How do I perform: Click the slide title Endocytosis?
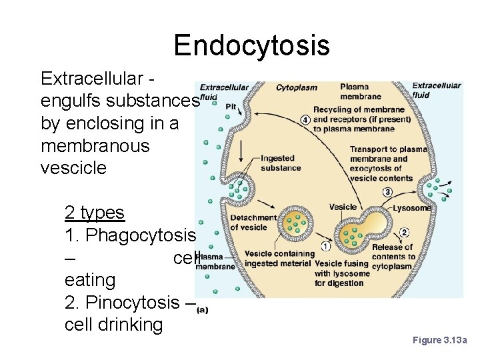pyautogui.click(x=251, y=45)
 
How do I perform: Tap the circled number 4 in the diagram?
pyautogui.click(x=305, y=119)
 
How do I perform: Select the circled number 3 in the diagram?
pyautogui.click(x=387, y=192)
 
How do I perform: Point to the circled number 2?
pyautogui.click(x=404, y=233)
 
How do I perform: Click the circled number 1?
pyautogui.click(x=326, y=245)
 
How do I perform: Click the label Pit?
pyautogui.click(x=231, y=106)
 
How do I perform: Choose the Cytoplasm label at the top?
pyautogui.click(x=297, y=87)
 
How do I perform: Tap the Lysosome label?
pyautogui.click(x=411, y=208)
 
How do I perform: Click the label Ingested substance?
pyautogui.click(x=281, y=163)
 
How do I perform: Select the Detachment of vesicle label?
pyautogui.click(x=253, y=222)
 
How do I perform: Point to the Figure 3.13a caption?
pyautogui.click(x=440, y=340)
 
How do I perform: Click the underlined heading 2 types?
pyautogui.click(x=95, y=213)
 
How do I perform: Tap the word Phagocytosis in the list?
pyautogui.click(x=141, y=235)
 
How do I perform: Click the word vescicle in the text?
pyautogui.click(x=73, y=168)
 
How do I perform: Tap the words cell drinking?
pyautogui.click(x=113, y=325)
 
